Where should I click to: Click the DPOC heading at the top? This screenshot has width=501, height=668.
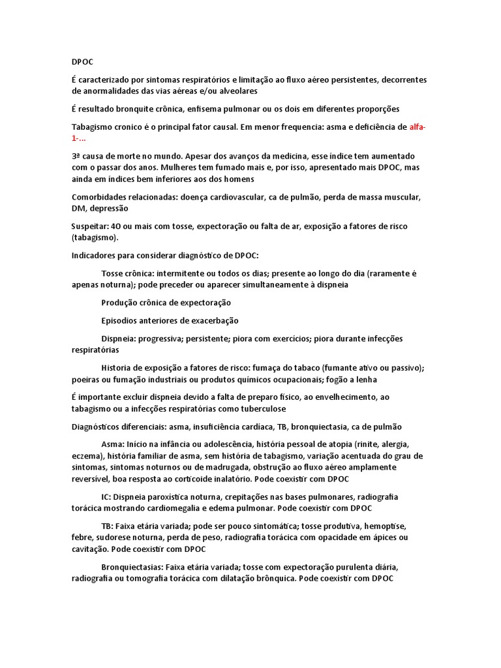[82, 62]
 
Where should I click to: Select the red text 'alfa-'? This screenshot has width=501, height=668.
[419, 127]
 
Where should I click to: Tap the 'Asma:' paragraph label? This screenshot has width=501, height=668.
[113, 444]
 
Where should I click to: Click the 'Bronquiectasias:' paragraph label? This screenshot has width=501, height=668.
[132, 567]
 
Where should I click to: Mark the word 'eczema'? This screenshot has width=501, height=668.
[87, 455]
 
